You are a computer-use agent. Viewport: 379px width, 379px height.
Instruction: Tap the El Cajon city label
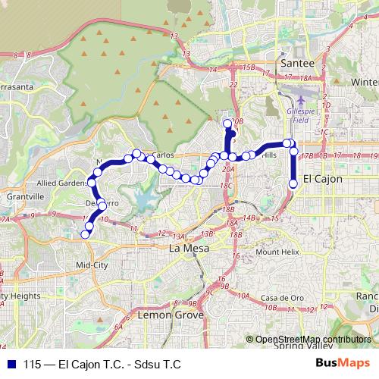click(322, 179)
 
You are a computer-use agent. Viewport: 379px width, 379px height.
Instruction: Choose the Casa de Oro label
click(278, 298)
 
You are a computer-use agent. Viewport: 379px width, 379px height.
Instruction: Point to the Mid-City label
click(92, 265)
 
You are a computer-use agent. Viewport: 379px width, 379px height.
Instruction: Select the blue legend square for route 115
click(9, 364)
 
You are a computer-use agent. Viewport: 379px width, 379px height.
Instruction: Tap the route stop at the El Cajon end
click(293, 183)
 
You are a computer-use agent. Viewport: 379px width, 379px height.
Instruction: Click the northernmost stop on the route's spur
click(227, 123)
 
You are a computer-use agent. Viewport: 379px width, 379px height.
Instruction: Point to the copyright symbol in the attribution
click(250, 340)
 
